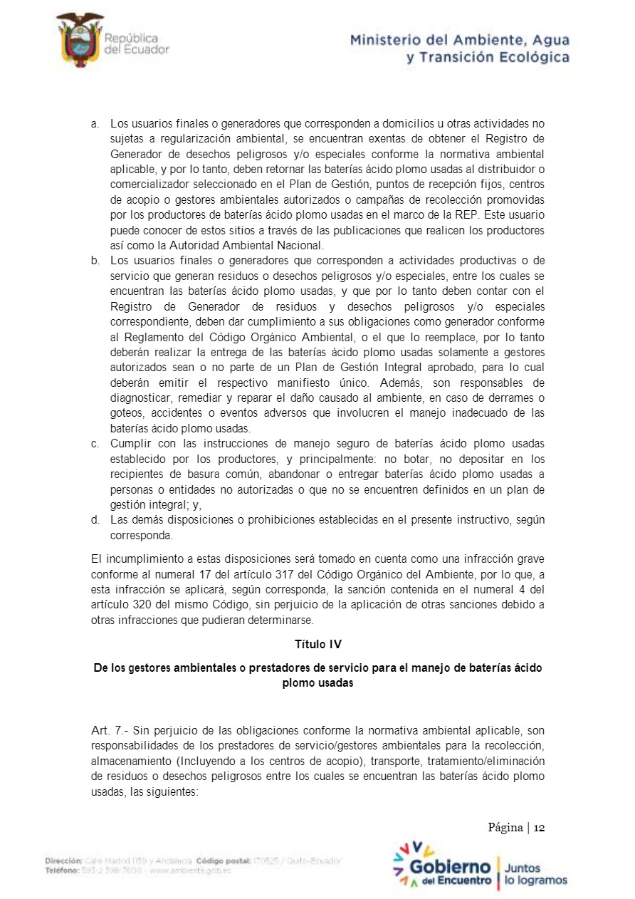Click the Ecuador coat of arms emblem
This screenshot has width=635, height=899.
(80, 40)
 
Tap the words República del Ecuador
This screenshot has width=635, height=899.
(136, 43)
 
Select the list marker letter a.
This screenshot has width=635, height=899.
(95, 124)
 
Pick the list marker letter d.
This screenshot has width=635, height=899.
(95, 519)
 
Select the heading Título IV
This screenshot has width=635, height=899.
(317, 644)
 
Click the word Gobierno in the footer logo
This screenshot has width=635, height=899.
(451, 866)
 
